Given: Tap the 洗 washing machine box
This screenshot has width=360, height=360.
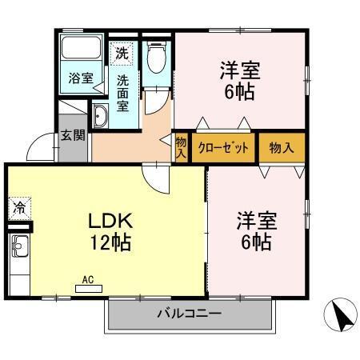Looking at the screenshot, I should click(121, 54).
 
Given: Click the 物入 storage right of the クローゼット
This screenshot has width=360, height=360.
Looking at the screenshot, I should click(282, 147).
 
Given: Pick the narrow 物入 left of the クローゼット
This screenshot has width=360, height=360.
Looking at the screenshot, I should click(181, 147).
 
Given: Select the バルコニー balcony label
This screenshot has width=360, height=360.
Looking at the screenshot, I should click(189, 314).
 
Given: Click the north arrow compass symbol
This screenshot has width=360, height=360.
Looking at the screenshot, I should click(342, 314).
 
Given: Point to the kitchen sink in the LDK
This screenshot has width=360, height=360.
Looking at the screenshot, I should click(18, 255).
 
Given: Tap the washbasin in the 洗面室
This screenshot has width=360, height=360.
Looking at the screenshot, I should click(101, 118).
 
